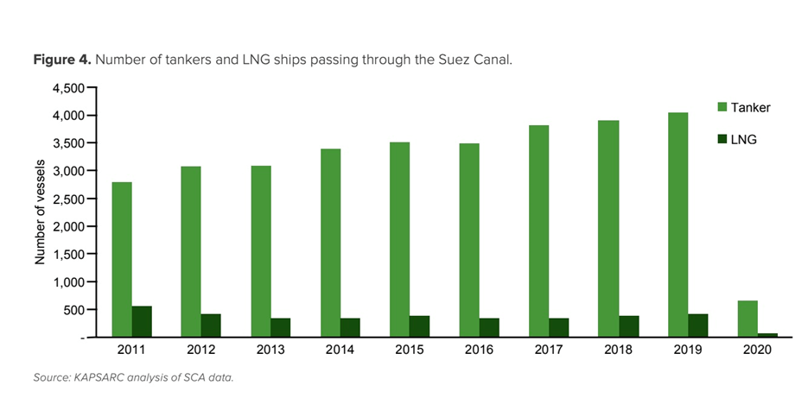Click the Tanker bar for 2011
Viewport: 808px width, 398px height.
click(122, 259)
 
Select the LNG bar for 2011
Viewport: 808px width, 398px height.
click(142, 321)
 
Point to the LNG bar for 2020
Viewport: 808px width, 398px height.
click(767, 335)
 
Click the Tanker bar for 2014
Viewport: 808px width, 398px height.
click(330, 243)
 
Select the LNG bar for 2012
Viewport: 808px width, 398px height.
click(211, 325)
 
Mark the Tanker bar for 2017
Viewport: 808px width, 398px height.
click(538, 231)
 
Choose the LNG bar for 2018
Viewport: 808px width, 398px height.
click(628, 326)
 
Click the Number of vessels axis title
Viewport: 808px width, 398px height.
click(40, 212)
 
